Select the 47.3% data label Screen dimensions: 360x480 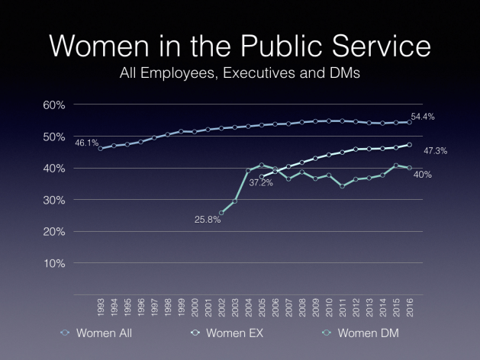pos(436,151)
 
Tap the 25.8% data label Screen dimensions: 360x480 pos(208,220)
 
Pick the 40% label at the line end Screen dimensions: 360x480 pos(423,175)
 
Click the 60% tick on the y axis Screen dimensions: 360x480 pos(53,104)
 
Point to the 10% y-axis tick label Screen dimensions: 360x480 pos(53,263)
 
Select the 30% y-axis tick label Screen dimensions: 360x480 pos(53,200)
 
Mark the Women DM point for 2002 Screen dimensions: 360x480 pos(221,213)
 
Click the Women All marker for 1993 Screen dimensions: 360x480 pos(101,149)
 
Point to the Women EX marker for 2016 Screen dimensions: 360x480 pos(410,145)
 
